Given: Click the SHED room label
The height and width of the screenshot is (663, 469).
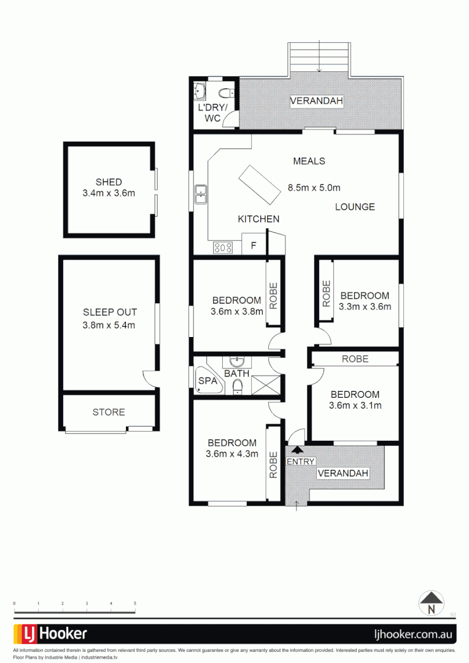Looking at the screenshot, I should pos(109,182).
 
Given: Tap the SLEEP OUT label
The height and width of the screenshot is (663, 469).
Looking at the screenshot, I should pos(109,312).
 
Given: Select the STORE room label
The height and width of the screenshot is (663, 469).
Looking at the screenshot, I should pos(109,412).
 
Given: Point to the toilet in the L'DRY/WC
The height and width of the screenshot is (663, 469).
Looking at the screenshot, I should pos(225,93).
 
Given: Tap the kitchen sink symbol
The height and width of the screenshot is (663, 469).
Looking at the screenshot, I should pos(200,194).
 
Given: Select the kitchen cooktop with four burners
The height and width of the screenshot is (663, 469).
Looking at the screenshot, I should pos(223,247).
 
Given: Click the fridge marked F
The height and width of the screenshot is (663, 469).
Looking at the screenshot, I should pos(253,246).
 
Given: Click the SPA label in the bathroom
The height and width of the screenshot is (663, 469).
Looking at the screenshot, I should pos(207,381).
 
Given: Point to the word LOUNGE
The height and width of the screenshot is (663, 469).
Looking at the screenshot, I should pos(355,207).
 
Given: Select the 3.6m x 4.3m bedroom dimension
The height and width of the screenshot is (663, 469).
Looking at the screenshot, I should pos(232,454).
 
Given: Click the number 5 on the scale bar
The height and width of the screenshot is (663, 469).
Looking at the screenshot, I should pos(135,604).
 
